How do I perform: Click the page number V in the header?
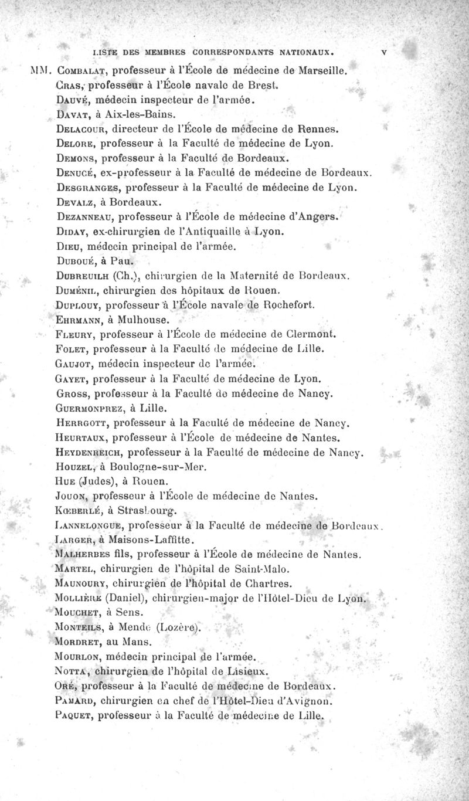point(383,51)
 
